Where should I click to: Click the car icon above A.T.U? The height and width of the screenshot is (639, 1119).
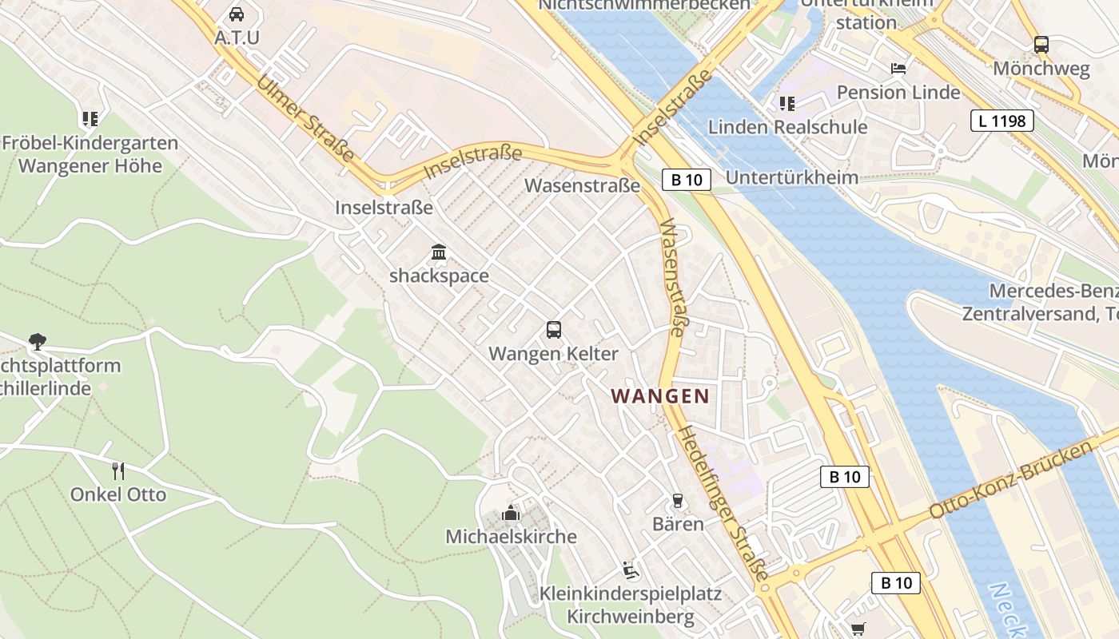(x=237, y=14)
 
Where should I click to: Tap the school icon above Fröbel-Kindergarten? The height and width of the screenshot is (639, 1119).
(x=90, y=119)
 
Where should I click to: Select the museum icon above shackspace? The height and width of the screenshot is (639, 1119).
(x=439, y=252)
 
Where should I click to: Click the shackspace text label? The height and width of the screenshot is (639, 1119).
(x=439, y=276)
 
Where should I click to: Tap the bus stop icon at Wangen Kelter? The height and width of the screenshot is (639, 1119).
(x=553, y=329)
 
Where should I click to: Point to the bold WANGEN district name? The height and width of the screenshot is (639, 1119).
(x=660, y=395)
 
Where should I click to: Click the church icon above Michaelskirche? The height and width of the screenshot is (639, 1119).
(x=510, y=513)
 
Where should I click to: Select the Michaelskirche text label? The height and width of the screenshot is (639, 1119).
(x=511, y=536)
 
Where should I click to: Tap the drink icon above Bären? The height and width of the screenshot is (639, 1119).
(x=678, y=501)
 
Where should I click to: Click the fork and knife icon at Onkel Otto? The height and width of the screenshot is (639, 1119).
(x=118, y=470)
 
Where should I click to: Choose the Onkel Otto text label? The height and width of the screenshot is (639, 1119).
(x=118, y=494)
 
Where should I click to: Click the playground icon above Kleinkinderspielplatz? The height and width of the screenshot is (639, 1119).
(x=631, y=570)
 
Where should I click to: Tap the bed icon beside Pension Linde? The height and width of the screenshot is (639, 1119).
(x=898, y=69)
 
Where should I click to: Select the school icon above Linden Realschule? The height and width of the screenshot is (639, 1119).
(x=787, y=103)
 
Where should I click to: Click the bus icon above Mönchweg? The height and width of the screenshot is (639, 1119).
(x=1041, y=45)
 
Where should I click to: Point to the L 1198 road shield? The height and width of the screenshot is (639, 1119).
(x=1002, y=121)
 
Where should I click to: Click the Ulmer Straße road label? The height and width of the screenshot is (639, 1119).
(x=305, y=118)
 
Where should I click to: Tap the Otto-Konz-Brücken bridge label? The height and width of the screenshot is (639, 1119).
(x=1011, y=479)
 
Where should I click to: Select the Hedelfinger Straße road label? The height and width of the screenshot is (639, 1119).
(x=723, y=503)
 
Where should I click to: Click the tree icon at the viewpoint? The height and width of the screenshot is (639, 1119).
(x=37, y=342)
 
